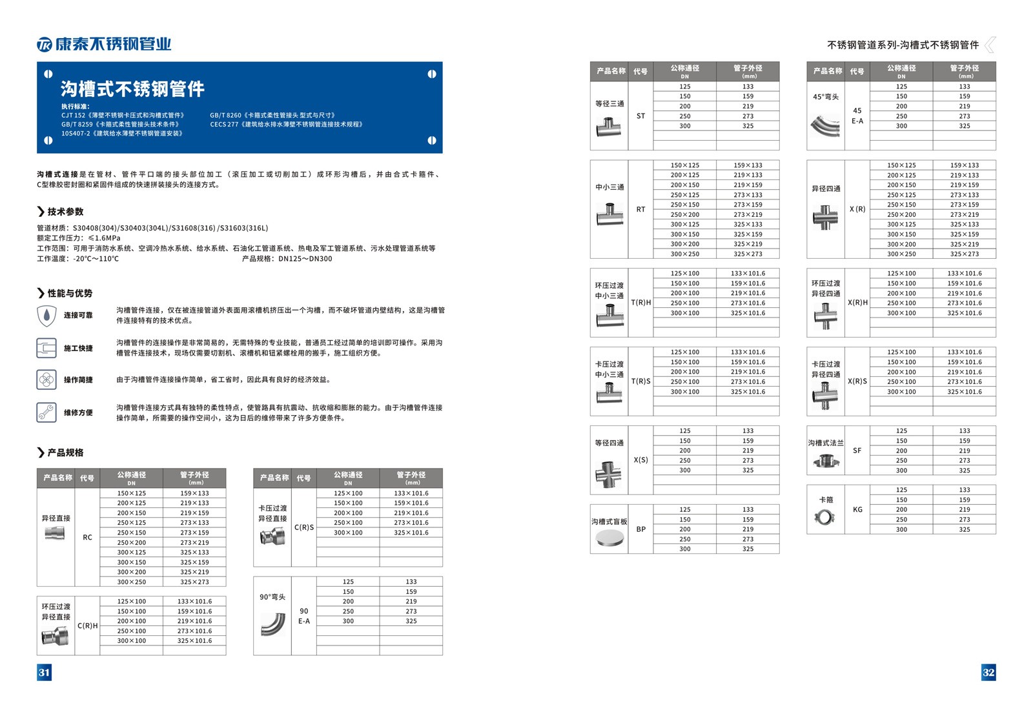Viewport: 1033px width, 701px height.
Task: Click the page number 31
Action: click(x=44, y=672)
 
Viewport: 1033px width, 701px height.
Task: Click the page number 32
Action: click(x=988, y=672)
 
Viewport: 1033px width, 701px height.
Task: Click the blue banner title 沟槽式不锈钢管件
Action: click(x=132, y=88)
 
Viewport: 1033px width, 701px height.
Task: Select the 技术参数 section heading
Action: click(x=65, y=212)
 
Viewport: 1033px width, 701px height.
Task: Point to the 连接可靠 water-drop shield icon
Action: click(x=46, y=315)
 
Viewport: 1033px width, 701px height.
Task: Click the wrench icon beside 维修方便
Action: click(x=46, y=412)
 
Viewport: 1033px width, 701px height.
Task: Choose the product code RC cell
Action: click(x=87, y=537)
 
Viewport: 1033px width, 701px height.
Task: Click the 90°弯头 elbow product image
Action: click(x=272, y=624)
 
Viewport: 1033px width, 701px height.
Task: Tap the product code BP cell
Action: click(x=640, y=529)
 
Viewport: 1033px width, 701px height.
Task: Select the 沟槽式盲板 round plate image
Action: click(x=609, y=538)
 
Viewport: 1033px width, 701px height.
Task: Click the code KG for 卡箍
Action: click(x=857, y=509)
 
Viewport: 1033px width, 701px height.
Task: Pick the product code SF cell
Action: click(x=857, y=451)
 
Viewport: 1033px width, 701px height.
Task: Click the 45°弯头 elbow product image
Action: click(x=826, y=124)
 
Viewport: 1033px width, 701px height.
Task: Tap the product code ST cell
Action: click(x=640, y=116)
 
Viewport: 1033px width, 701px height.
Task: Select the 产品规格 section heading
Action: click(x=65, y=452)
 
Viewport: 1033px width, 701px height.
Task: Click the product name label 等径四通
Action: click(x=609, y=443)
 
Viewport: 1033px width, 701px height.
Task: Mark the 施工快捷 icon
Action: click(x=46, y=348)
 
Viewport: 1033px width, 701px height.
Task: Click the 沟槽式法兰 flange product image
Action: click(x=825, y=461)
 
